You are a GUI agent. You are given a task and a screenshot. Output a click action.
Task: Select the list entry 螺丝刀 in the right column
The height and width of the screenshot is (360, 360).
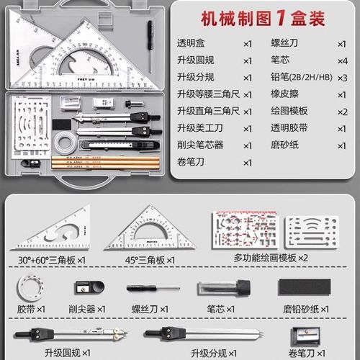[287, 43]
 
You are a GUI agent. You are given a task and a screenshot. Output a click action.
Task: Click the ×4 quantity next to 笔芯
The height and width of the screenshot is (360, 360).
[341, 60]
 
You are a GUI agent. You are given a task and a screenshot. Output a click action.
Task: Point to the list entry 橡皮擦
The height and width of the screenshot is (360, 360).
[287, 94]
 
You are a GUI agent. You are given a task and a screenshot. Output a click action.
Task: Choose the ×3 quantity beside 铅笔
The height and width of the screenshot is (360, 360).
[341, 77]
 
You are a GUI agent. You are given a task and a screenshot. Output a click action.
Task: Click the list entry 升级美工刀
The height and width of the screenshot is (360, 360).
[201, 128]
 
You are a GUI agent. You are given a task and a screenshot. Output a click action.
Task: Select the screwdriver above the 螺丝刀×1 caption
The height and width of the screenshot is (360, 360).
[153, 288]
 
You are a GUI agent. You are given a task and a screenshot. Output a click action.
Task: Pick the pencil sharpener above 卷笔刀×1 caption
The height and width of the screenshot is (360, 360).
[302, 336]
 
